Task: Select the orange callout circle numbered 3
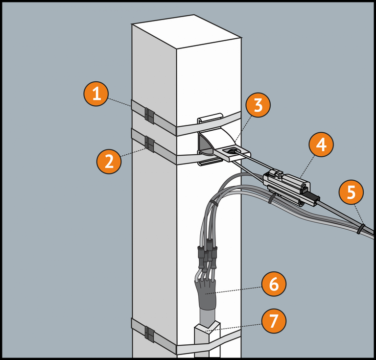click(x=258, y=105)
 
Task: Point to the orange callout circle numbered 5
click(x=351, y=193)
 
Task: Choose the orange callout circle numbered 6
click(x=273, y=284)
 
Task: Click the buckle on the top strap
click(x=149, y=116)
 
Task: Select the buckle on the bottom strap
click(x=149, y=335)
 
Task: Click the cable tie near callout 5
click(x=360, y=229)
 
